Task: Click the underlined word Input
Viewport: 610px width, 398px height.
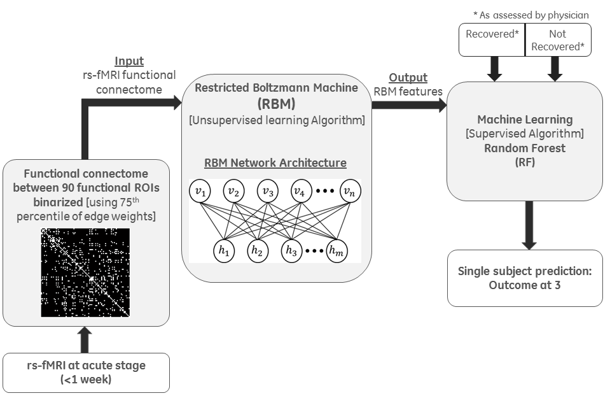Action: click(128, 62)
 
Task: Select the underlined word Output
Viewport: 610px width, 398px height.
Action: click(408, 78)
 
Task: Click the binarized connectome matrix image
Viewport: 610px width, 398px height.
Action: click(85, 273)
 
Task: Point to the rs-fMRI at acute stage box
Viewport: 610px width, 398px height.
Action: click(86, 372)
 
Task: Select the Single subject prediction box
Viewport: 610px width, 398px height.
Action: click(525, 278)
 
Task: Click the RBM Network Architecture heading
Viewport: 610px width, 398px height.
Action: click(275, 163)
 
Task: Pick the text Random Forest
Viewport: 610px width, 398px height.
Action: click(525, 147)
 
